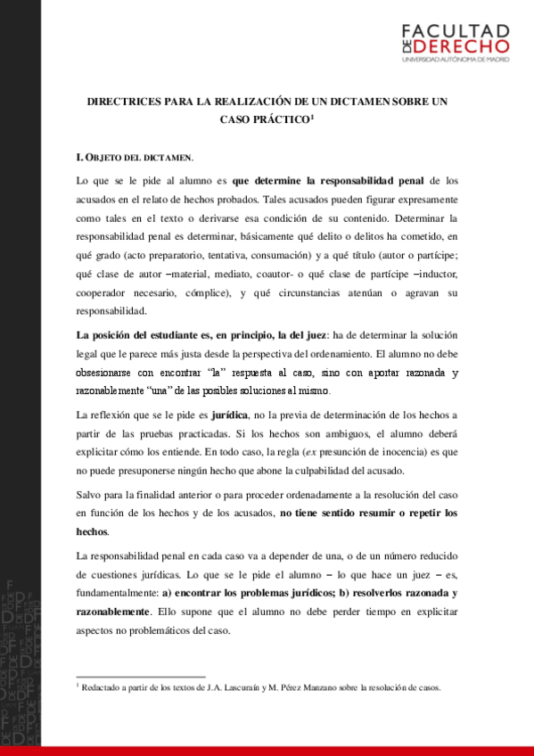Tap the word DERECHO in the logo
click(462, 45)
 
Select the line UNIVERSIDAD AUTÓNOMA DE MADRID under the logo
click(456, 60)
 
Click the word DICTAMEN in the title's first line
click(351, 103)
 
